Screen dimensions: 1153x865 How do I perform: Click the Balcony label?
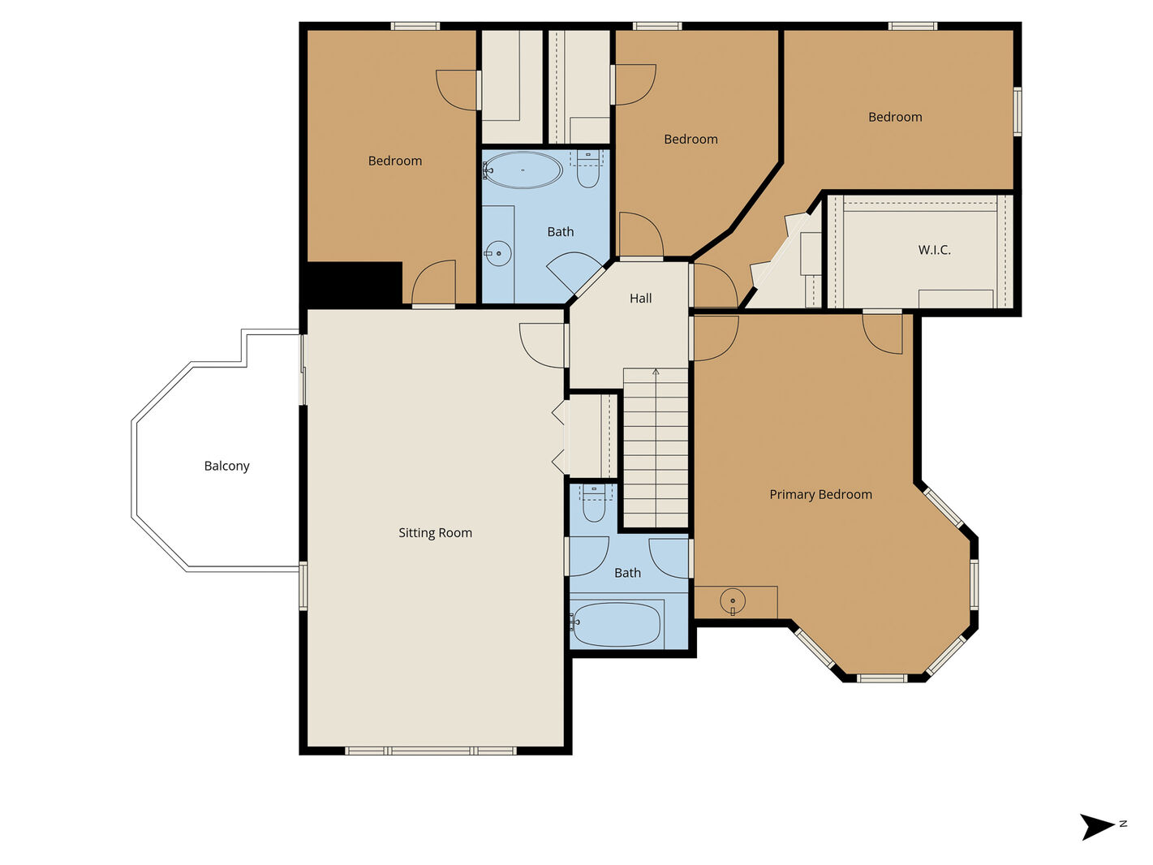(226, 466)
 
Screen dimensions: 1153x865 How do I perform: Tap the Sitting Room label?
(435, 532)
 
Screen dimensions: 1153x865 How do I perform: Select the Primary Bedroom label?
(820, 494)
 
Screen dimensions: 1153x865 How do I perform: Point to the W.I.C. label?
(935, 250)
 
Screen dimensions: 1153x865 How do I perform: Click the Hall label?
(640, 299)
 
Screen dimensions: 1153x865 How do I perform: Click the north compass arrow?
(1097, 828)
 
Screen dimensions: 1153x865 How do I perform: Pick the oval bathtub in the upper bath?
(522, 170)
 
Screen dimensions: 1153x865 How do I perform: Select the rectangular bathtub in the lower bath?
(616, 625)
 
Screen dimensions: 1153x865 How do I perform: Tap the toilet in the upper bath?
(587, 169)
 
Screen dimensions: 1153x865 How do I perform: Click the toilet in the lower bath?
(594, 503)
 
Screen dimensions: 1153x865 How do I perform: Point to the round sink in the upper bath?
(497, 254)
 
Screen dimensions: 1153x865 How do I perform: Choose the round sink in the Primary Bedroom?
(733, 600)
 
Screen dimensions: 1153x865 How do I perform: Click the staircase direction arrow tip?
(656, 370)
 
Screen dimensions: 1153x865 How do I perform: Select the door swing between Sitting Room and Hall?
(541, 345)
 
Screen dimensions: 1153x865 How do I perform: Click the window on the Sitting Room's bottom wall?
(431, 751)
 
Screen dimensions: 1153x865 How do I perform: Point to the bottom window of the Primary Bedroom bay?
(882, 678)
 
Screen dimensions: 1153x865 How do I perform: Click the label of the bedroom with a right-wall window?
(895, 117)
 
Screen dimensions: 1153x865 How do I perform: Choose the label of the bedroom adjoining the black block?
(395, 161)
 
